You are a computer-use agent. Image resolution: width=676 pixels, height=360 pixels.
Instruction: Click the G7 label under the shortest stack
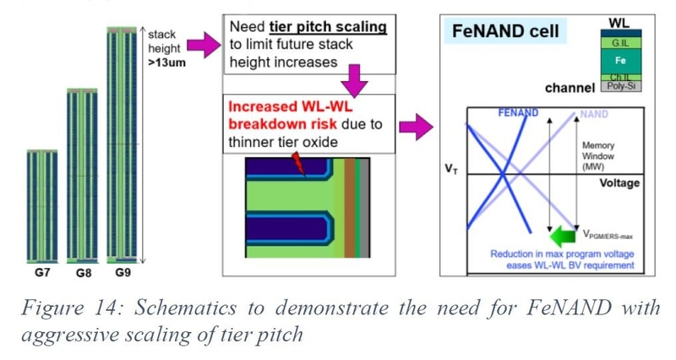42,272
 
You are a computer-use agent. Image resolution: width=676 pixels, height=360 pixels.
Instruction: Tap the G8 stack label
84,273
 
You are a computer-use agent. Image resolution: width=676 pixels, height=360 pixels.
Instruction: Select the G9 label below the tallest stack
123,272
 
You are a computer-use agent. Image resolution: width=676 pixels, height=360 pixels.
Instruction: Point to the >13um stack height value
166,63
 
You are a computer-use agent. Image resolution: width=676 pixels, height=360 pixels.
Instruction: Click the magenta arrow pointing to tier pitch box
204,45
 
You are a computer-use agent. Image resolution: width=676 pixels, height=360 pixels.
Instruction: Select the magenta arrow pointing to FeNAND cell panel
416,127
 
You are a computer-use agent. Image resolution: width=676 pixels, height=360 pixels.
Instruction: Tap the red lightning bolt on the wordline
299,164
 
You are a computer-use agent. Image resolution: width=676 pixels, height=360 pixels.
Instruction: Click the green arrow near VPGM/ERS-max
564,237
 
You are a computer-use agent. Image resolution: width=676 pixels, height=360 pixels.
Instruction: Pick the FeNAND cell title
505,31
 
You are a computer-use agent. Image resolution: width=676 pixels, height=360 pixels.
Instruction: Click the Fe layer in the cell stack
621,61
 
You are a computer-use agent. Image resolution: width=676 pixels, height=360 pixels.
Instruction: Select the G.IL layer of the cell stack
621,43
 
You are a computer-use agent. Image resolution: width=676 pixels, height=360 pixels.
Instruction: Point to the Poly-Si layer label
621,86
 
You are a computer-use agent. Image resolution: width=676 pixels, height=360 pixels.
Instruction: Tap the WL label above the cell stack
619,23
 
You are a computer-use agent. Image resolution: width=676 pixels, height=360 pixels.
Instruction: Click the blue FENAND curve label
518,113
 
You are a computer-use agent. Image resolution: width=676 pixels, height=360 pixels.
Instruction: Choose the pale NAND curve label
594,114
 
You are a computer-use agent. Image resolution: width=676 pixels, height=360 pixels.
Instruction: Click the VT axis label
451,169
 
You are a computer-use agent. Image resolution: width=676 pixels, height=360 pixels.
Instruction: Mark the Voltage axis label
619,183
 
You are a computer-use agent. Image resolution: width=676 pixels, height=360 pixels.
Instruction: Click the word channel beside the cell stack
570,88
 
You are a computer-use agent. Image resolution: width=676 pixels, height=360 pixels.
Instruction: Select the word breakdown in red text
282,124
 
